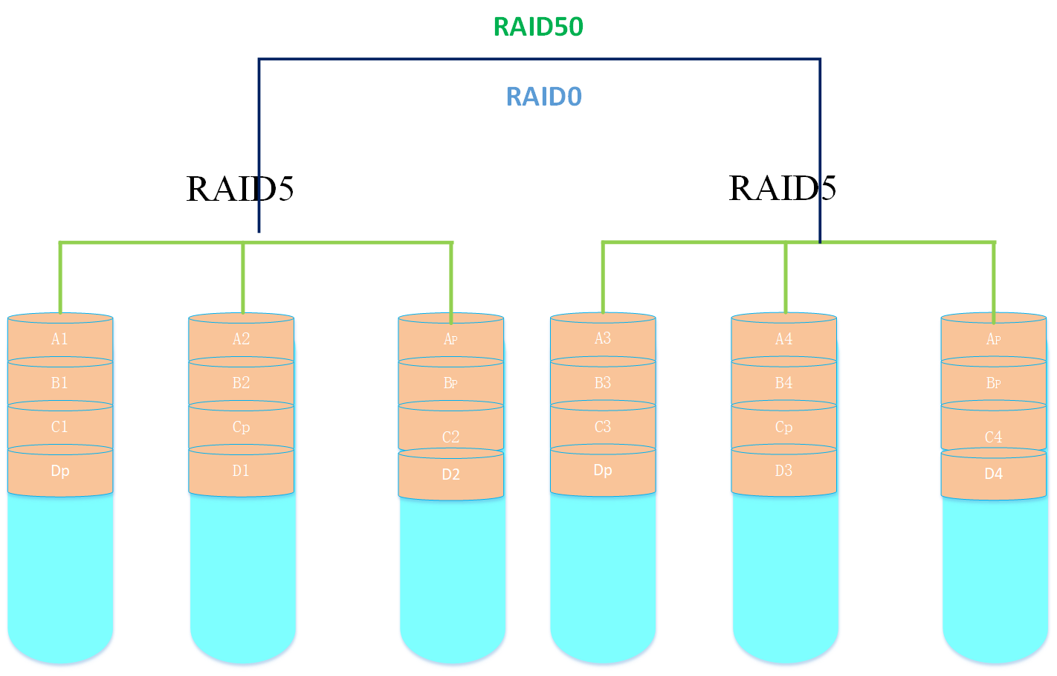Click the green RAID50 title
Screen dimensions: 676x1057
coord(538,27)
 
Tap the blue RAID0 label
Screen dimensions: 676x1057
coord(543,97)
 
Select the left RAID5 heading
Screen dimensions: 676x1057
coord(239,188)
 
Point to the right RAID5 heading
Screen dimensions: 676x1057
coord(782,187)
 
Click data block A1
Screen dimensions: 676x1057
coord(60,339)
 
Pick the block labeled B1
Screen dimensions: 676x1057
coord(60,383)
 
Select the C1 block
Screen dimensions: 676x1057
coord(60,427)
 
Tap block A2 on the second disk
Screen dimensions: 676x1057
coord(242,339)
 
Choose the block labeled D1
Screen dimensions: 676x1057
coord(242,471)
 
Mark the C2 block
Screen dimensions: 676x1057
coord(451,437)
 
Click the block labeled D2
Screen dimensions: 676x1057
coord(451,474)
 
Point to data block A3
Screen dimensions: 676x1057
coord(603,338)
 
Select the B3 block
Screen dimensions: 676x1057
coord(603,383)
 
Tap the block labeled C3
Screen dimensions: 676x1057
coord(603,427)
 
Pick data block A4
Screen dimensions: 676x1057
coord(784,339)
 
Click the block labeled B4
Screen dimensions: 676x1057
coord(784,383)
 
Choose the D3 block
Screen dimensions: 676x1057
coord(784,471)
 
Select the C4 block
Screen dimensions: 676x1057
coord(994,437)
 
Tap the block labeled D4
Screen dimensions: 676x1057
coord(994,474)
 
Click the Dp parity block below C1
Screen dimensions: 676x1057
coord(60,471)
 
